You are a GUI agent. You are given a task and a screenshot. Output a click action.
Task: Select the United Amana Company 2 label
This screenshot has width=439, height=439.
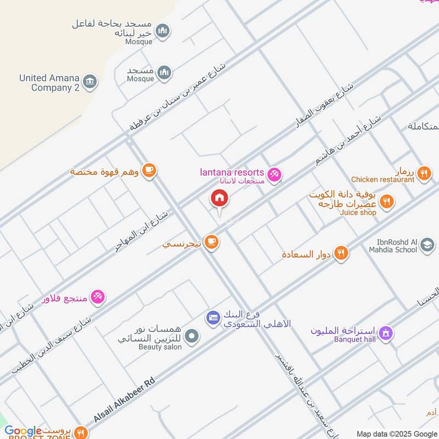49,83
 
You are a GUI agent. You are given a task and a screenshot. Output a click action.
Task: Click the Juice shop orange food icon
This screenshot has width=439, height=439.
387,202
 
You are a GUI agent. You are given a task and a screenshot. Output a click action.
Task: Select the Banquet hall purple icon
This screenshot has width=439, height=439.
386,333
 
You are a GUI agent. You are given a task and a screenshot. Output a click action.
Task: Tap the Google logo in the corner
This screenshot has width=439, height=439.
23,431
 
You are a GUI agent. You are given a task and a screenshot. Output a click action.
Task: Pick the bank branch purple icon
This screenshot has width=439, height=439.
213,317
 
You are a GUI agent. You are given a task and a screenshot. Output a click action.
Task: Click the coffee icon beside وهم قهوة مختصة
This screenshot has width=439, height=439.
148,171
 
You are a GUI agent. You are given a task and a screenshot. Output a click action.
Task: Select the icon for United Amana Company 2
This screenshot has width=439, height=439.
91,82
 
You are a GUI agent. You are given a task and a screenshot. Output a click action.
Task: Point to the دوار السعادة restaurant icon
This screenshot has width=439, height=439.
341,254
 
